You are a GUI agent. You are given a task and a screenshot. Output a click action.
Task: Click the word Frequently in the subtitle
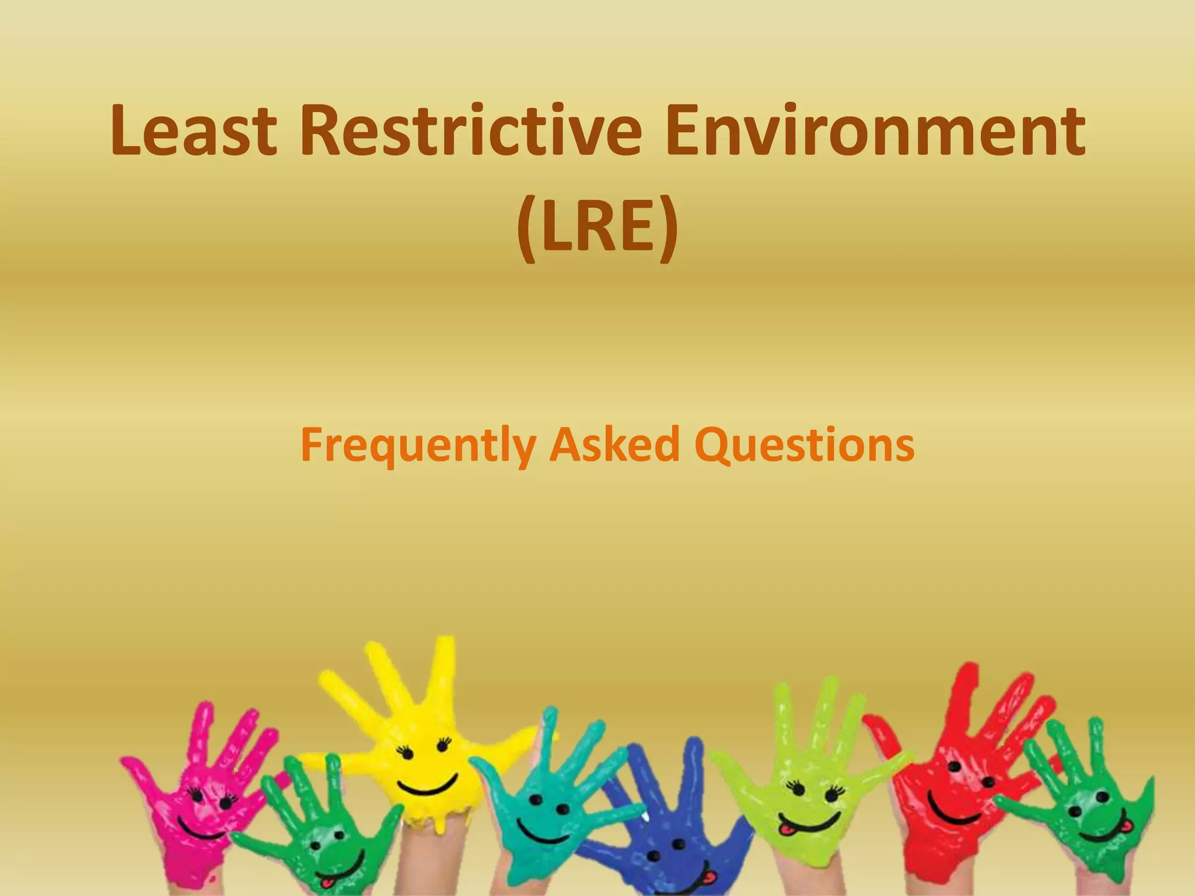[418, 445]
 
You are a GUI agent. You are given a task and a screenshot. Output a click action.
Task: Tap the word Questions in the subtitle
[805, 445]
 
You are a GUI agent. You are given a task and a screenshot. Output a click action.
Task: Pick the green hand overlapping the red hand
[1085, 811]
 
